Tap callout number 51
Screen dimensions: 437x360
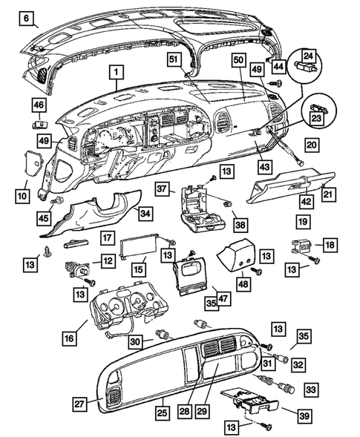[x=173, y=59]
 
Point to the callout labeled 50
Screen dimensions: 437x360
[x=238, y=59]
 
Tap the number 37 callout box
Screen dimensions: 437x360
[x=163, y=190]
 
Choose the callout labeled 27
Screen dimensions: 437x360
[x=79, y=404]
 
